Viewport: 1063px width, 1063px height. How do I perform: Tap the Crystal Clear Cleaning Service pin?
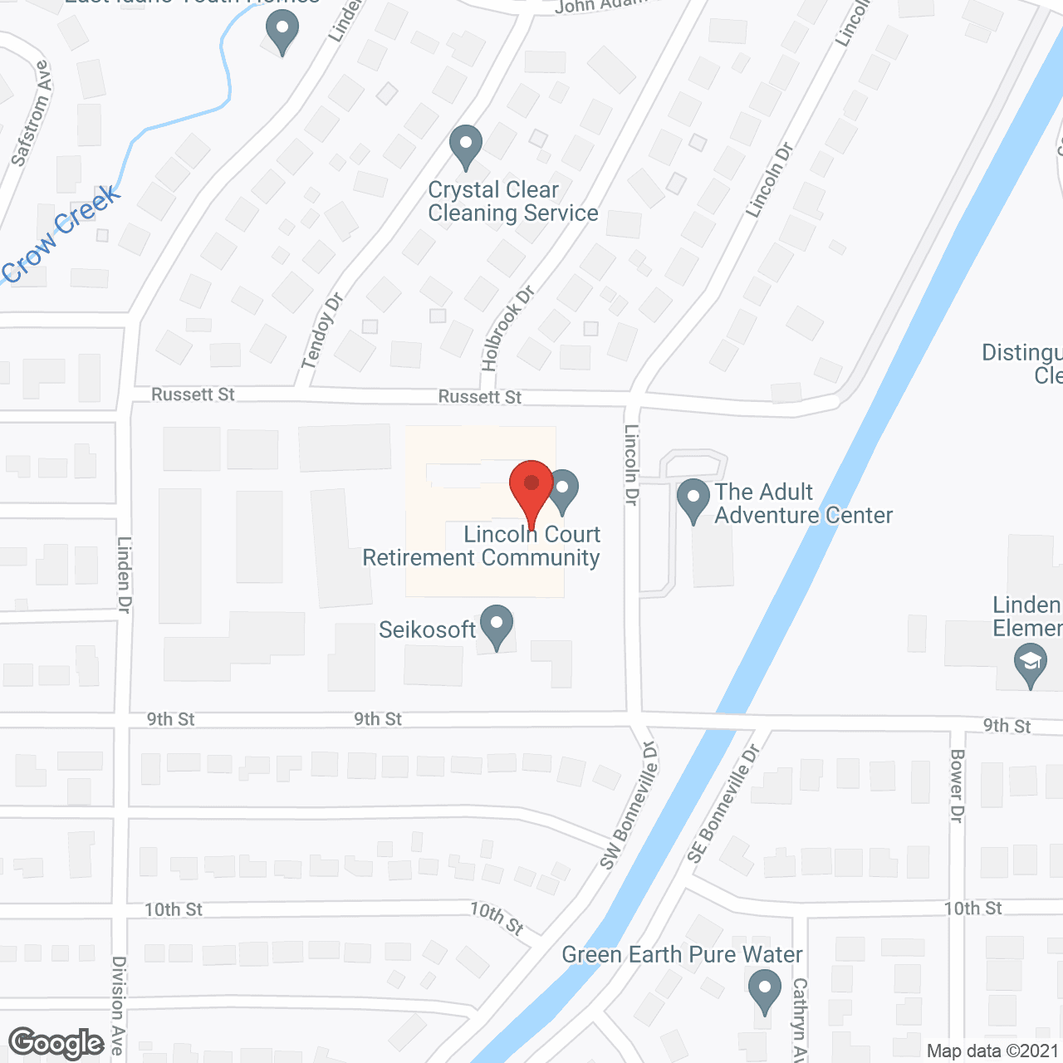click(x=466, y=146)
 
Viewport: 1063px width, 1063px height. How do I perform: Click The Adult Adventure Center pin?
click(x=693, y=500)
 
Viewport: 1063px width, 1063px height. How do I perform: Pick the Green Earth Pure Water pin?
click(x=764, y=992)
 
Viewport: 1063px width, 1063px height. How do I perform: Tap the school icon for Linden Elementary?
click(x=1030, y=666)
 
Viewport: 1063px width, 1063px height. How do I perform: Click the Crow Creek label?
click(x=61, y=236)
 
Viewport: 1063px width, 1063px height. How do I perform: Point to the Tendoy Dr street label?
click(x=322, y=331)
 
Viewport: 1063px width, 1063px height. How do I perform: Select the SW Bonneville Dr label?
click(x=629, y=806)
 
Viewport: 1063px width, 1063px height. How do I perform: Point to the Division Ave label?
click(x=119, y=1005)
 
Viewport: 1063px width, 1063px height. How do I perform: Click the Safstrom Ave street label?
click(x=32, y=114)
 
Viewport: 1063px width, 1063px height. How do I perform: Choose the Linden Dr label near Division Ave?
click(x=125, y=575)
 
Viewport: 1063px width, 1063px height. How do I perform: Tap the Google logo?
click(x=56, y=1043)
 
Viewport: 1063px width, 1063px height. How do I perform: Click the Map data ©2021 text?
click(x=993, y=1051)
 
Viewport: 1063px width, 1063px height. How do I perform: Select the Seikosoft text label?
click(x=427, y=629)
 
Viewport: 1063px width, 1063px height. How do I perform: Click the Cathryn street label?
click(x=799, y=1020)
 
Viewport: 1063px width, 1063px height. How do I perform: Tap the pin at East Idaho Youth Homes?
click(x=282, y=33)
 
